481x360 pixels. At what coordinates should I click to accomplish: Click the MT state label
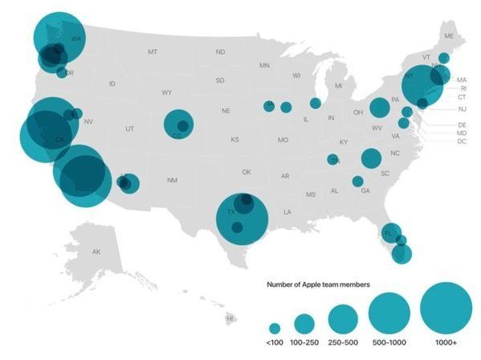[152, 51]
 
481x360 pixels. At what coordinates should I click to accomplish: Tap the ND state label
[220, 51]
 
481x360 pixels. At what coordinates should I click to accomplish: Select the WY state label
[166, 92]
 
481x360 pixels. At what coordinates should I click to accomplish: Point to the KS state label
[234, 140]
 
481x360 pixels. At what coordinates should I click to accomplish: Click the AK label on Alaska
[96, 252]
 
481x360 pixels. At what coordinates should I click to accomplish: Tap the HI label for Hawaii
[230, 318]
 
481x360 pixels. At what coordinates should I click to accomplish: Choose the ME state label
[449, 36]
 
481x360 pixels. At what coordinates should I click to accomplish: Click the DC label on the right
[462, 141]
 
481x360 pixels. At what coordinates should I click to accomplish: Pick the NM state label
[172, 180]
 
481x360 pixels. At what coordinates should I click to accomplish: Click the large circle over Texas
[242, 217]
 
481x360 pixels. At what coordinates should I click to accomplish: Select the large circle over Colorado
[178, 125]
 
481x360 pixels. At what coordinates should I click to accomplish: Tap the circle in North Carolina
[370, 158]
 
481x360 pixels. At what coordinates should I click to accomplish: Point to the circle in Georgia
[357, 182]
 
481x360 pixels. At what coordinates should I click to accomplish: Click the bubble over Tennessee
[332, 159]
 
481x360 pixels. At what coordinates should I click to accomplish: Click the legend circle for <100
[275, 329]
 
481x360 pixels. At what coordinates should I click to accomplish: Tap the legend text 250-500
[342, 344]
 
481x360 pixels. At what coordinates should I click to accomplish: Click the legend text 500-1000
[389, 344]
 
